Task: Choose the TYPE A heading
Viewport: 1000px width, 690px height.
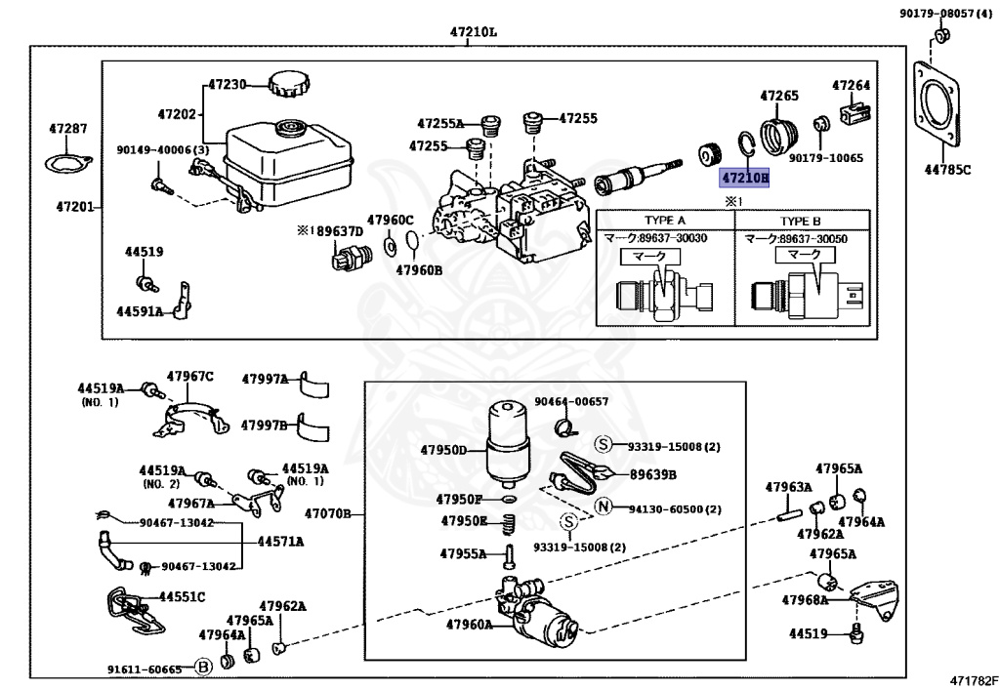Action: [x=664, y=221]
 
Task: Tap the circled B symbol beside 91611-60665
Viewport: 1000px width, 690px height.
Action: [x=203, y=669]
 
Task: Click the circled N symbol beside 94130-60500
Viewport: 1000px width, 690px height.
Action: [x=603, y=507]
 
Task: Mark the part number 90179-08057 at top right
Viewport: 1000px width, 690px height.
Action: [x=943, y=14]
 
